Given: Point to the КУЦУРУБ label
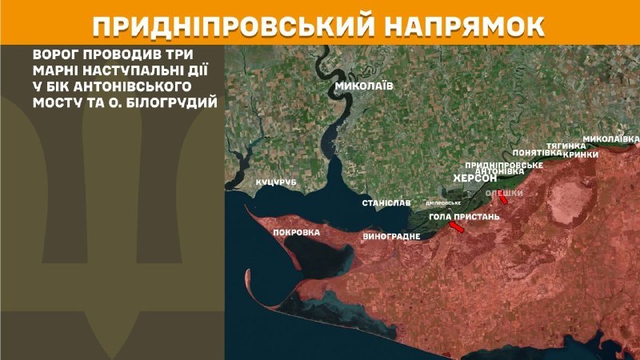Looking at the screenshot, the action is [x=276, y=183].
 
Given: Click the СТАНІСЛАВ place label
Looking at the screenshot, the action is [x=386, y=203].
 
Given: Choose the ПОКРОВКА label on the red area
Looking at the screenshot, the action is [x=296, y=233].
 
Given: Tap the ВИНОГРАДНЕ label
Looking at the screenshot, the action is [x=391, y=237].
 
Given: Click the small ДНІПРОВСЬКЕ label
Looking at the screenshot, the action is [x=443, y=203].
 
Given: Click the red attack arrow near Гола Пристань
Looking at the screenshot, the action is [x=456, y=229].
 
